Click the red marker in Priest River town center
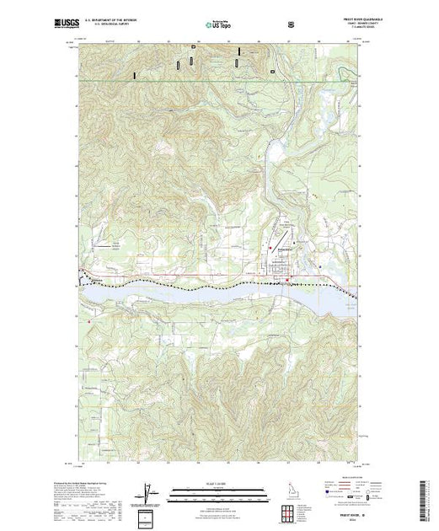click(288, 280)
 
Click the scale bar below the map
click(218, 491)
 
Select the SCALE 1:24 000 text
click(218, 482)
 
